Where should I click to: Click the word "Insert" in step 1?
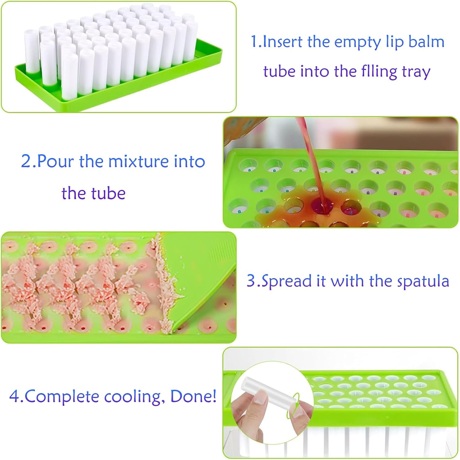click(x=282, y=42)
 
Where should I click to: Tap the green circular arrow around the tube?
click(x=293, y=405)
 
